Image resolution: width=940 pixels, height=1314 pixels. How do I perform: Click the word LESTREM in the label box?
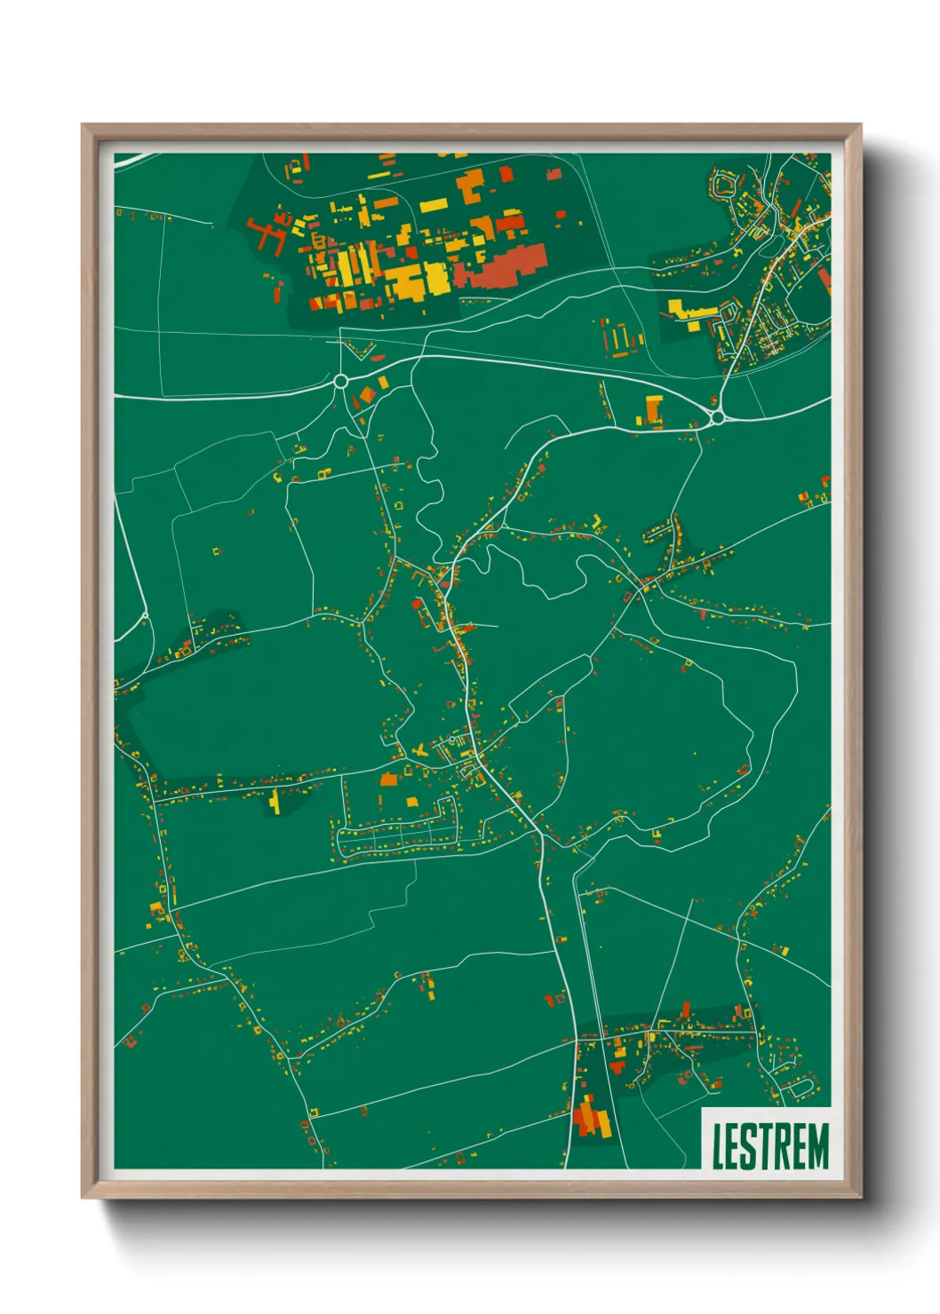click(x=769, y=1145)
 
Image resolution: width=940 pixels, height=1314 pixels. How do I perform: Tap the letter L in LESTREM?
click(x=718, y=1146)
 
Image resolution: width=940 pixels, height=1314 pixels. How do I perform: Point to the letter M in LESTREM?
click(x=817, y=1146)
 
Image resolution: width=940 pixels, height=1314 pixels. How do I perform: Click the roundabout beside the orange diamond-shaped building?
click(x=340, y=382)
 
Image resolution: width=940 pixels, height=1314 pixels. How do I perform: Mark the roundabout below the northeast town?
click(x=717, y=416)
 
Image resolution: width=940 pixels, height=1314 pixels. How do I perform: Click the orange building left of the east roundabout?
click(x=654, y=410)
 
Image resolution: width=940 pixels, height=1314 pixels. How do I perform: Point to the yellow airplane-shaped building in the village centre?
click(x=419, y=751)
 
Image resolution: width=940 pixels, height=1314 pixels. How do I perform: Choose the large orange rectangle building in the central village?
click(x=388, y=780)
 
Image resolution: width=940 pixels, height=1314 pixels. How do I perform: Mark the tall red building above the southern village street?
click(x=686, y=1010)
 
